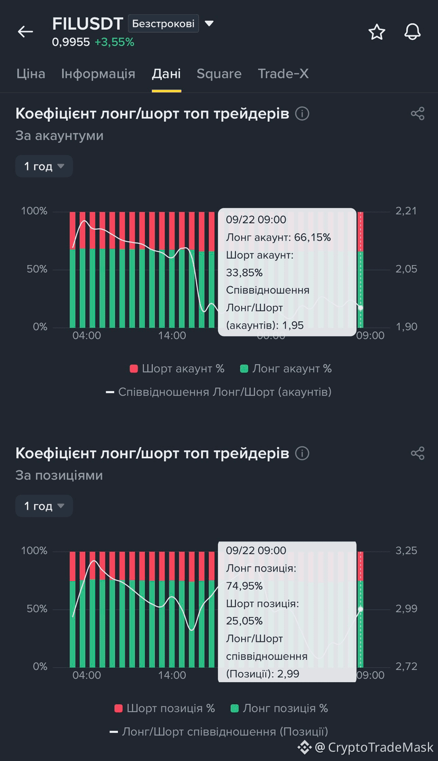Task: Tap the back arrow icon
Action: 25,32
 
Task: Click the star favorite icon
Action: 377,32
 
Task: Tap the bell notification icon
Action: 412,32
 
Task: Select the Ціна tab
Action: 31,74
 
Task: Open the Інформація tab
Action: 98,74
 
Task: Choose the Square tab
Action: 219,74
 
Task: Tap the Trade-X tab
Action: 283,74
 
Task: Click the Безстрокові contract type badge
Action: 163,23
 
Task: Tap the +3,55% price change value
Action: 114,42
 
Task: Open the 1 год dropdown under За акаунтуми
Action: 44,166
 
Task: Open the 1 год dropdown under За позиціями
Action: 44,506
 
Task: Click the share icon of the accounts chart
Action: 417,113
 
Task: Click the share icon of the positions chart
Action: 417,453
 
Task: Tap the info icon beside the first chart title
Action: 302,113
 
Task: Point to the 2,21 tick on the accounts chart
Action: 406,211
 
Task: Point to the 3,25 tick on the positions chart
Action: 406,551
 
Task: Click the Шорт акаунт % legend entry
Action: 177,369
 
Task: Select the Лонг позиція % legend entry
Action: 279,708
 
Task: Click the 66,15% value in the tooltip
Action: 313,237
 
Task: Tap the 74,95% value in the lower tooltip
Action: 244,586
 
